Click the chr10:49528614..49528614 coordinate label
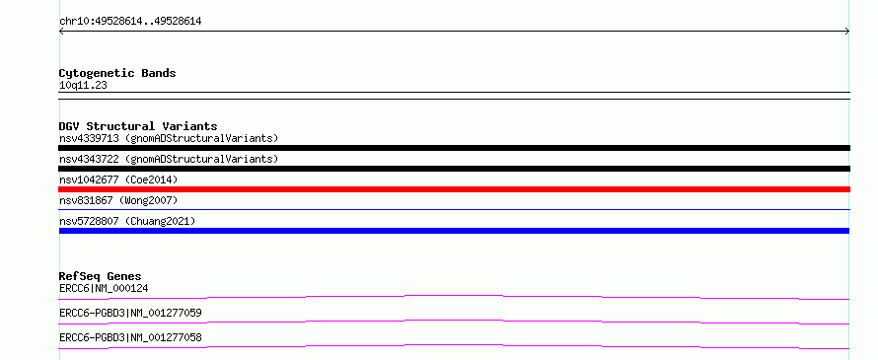click(x=130, y=22)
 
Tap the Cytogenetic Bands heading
click(x=117, y=73)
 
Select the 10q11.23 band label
click(x=83, y=86)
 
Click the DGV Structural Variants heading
click(x=138, y=126)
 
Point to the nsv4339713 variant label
click(x=89, y=138)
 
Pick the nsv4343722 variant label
click(x=89, y=159)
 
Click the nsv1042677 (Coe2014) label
click(x=118, y=180)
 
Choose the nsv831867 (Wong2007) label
click(x=118, y=200)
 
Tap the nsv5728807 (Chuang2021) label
click(x=127, y=221)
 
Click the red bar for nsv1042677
click(x=454, y=189)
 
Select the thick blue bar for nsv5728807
click(x=454, y=231)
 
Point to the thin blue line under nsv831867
click(x=454, y=210)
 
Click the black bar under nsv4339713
click(x=454, y=148)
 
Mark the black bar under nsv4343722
click(x=454, y=169)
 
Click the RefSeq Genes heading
click(x=101, y=276)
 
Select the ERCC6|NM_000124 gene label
click(x=104, y=289)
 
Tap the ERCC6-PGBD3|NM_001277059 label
click(x=130, y=313)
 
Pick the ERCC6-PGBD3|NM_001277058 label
click(x=130, y=337)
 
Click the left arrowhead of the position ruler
click(x=60, y=32)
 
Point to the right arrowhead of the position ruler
click(x=848, y=32)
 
